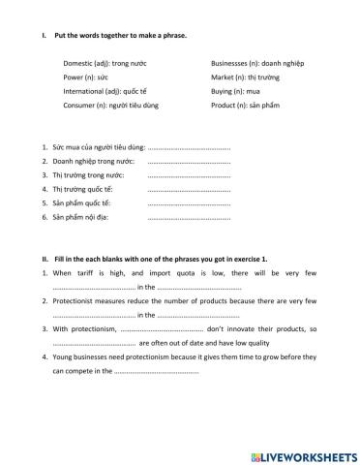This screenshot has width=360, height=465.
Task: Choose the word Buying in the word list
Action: tap(223, 91)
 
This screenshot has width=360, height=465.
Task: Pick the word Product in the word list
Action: tap(225, 105)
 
